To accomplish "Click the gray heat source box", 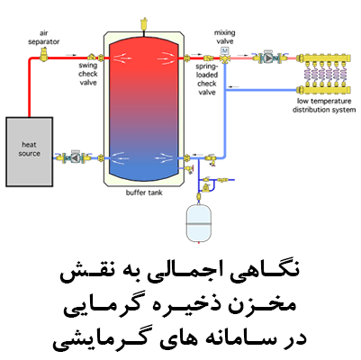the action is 30,152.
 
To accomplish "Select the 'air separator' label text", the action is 44,38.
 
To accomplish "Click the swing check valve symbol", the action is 92,57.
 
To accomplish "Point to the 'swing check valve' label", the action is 88,74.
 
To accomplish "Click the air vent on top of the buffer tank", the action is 143,24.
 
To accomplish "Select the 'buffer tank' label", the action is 144,193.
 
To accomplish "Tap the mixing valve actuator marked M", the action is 224,50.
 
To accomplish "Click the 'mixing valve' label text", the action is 224,37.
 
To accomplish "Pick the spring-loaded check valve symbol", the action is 208,58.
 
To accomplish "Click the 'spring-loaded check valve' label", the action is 207,79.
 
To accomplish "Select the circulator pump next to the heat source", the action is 74,157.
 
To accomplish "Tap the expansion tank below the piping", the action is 199,222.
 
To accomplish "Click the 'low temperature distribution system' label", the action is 324,105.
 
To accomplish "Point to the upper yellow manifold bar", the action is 323,58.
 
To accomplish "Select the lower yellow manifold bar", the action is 323,90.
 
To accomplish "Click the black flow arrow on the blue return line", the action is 233,87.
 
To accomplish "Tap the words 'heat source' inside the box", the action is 29,149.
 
